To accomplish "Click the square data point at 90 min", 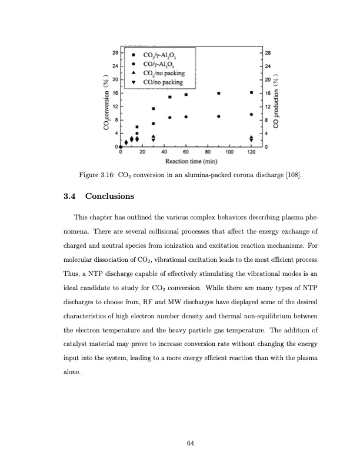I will pos(219,93).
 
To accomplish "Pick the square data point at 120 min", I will pos(251,92).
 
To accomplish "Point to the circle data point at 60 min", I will pos(186,116).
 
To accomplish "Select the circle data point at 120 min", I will pos(251,114).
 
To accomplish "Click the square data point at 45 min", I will pos(169,97).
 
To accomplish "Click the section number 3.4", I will pos(69,195).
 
